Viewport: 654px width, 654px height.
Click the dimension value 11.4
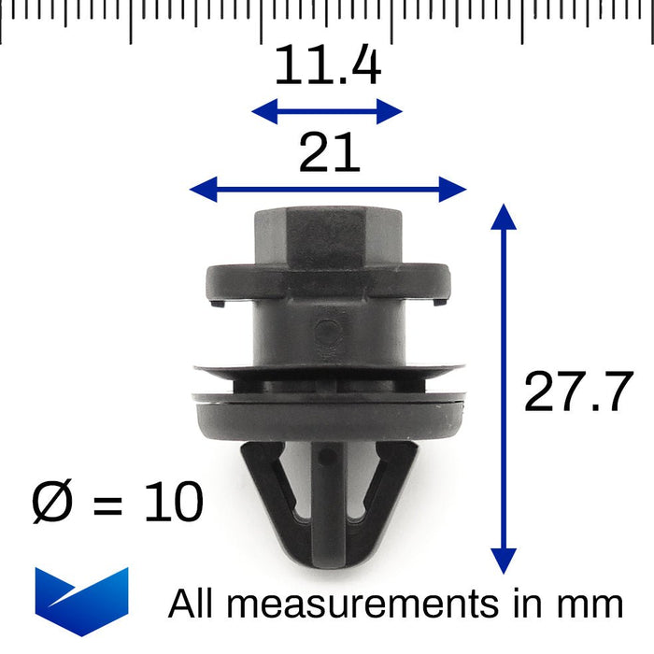point(327,66)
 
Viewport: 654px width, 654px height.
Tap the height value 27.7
point(578,391)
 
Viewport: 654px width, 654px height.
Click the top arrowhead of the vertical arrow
point(504,217)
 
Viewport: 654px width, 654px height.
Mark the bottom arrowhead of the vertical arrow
point(504,562)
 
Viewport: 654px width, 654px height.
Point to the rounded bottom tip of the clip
point(327,570)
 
